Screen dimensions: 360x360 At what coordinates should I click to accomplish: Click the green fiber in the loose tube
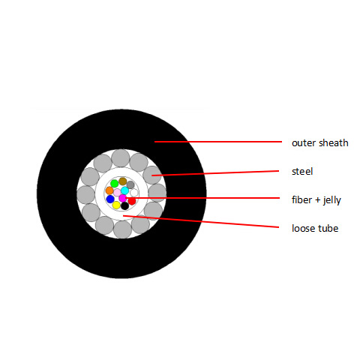114,184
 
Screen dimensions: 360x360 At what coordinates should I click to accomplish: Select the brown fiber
123,181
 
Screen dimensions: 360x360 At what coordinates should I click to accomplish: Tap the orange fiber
109,190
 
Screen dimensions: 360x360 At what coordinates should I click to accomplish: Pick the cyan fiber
124,190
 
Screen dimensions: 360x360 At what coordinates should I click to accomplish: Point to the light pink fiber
117,193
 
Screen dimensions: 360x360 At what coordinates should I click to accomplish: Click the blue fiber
110,199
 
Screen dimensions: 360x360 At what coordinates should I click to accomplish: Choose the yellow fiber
116,205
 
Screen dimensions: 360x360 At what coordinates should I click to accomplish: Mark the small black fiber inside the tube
124,206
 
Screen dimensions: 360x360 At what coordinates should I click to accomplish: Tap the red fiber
132,201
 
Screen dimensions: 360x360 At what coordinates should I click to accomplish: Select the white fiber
133,193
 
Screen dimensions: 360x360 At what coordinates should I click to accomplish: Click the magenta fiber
122,198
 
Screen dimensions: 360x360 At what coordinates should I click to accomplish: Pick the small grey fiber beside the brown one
130,184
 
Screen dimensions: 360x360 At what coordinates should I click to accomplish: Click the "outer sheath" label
320,143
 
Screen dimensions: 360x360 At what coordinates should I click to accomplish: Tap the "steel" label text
302,172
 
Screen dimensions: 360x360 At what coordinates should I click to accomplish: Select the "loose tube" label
315,228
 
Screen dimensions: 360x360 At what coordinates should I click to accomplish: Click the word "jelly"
332,200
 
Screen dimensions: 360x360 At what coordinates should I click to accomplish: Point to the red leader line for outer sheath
218,142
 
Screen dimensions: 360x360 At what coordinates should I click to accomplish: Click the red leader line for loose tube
201,221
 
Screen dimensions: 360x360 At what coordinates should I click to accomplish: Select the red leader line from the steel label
215,173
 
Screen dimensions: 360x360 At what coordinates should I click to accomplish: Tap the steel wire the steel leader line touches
152,175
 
